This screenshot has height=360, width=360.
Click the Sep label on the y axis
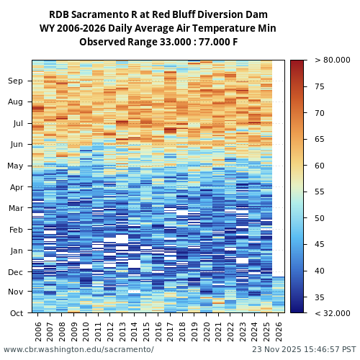16,81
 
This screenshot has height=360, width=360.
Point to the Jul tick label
17,124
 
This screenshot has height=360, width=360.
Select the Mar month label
16,209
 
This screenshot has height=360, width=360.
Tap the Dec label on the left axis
16,272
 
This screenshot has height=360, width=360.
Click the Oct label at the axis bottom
16,313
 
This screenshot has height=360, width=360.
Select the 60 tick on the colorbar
319,166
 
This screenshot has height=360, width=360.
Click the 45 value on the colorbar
319,245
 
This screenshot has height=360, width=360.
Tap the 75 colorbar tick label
319,87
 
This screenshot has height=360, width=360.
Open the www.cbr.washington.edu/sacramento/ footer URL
78,350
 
